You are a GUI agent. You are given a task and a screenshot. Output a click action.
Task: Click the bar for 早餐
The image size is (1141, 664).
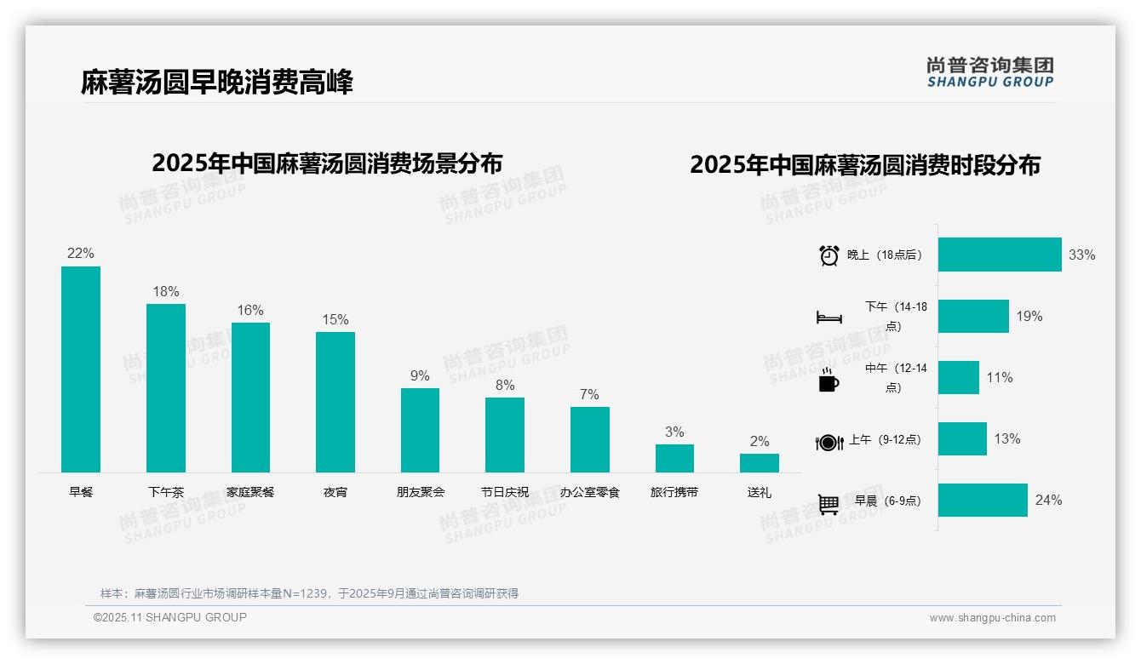click(x=81, y=369)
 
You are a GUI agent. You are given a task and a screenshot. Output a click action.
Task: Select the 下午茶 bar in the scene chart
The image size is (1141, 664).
click(x=166, y=388)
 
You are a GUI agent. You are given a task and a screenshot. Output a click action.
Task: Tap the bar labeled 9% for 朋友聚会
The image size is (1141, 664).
click(x=420, y=430)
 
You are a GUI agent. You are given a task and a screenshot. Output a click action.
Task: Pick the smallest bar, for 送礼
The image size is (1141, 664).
click(x=759, y=463)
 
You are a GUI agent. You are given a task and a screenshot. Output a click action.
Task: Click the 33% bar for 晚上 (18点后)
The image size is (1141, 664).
click(x=1000, y=255)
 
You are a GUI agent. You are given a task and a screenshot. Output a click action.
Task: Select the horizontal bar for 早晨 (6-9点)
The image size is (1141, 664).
click(x=983, y=500)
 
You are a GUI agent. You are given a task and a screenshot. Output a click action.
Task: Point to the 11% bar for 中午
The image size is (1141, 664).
click(x=959, y=377)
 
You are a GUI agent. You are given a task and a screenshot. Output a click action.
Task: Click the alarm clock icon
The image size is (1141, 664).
click(x=829, y=255)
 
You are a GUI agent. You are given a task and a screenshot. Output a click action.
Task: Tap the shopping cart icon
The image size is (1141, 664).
click(x=829, y=504)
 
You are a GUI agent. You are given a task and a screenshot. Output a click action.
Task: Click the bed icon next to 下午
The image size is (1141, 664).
click(x=829, y=318)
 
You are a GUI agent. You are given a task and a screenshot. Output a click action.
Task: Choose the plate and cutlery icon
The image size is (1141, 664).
click(x=829, y=442)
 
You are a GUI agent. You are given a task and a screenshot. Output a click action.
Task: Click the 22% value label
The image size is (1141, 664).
click(x=81, y=254)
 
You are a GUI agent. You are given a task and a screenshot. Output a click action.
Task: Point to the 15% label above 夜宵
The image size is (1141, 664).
click(x=335, y=320)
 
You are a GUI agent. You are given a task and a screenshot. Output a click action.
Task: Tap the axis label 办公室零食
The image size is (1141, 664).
click(x=590, y=492)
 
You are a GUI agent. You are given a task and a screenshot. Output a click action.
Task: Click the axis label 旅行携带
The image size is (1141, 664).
click(x=674, y=492)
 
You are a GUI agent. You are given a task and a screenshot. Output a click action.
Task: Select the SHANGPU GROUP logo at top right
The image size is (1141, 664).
click(x=990, y=72)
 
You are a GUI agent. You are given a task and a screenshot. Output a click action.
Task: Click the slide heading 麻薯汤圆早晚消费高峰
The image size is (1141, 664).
click(x=217, y=82)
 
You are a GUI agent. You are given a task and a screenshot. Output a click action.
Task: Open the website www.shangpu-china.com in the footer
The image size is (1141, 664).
click(x=992, y=618)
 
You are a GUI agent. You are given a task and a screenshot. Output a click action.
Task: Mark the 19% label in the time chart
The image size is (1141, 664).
click(x=1029, y=317)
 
